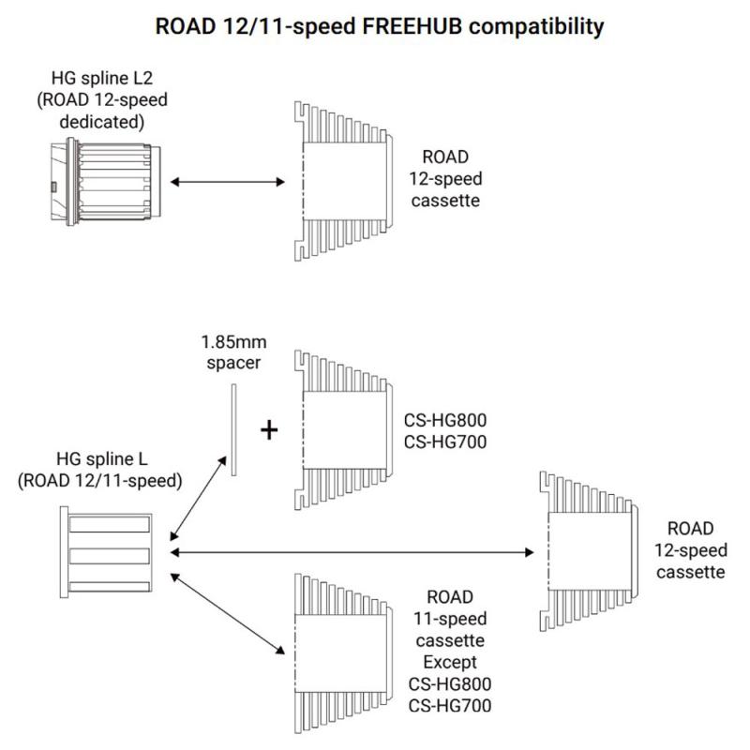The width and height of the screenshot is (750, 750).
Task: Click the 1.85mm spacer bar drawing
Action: (x=232, y=430)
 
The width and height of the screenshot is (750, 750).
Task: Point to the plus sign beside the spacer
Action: (x=270, y=430)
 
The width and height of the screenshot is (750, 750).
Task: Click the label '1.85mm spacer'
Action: (x=232, y=352)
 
